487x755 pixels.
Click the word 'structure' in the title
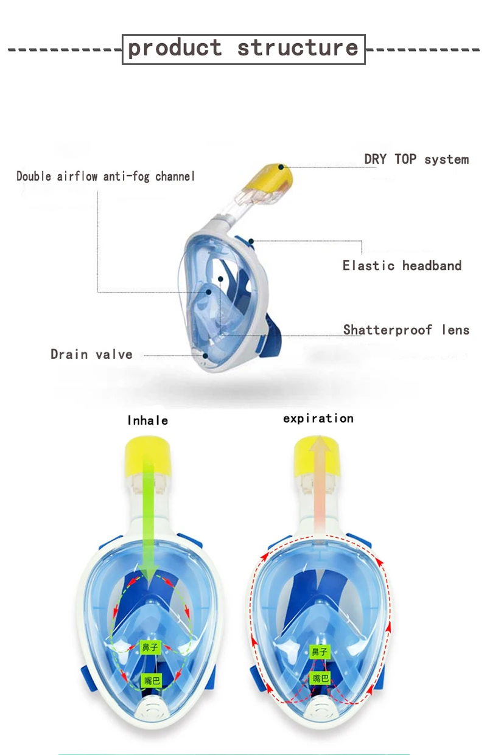[298, 48]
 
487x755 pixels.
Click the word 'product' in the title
[175, 48]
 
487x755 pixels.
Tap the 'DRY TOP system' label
[416, 159]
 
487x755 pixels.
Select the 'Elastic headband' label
[402, 265]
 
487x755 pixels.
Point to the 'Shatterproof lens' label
[406, 330]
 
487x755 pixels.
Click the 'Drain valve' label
[91, 354]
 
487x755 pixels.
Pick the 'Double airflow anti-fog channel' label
[105, 176]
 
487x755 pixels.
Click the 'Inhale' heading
[147, 420]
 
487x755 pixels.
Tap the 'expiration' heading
[318, 419]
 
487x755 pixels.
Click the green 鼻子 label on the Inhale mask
[150, 647]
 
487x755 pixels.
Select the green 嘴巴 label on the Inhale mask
[150, 681]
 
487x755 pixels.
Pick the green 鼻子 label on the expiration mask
[320, 652]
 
